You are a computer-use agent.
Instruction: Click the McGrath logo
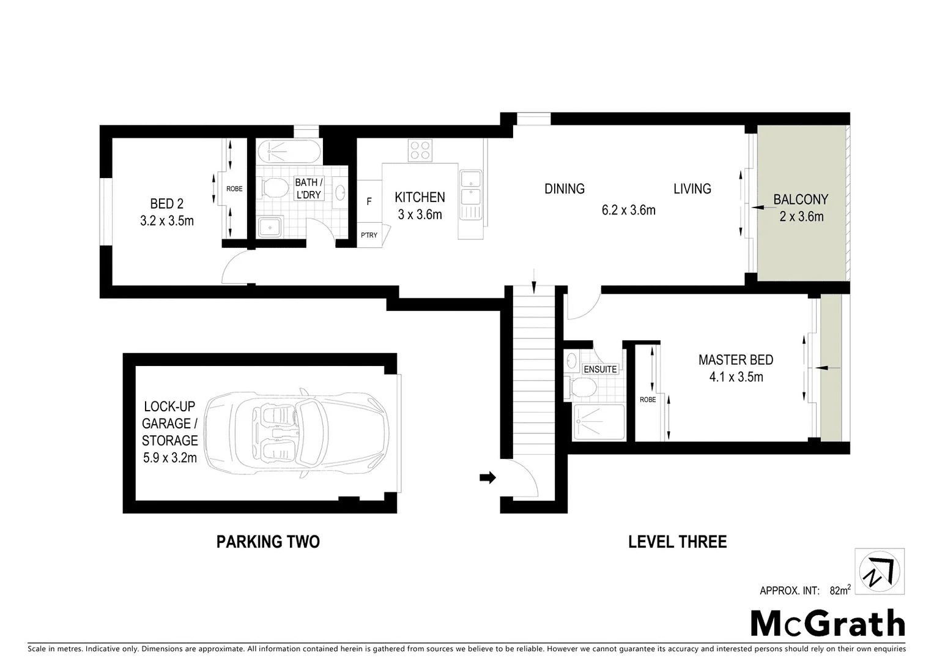click(828, 624)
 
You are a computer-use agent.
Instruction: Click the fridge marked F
click(369, 201)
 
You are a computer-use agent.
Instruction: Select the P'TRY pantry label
click(369, 235)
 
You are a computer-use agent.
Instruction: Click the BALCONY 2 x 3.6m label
click(801, 207)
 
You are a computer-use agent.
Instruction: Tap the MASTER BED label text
click(736, 360)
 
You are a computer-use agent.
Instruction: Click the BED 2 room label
click(166, 203)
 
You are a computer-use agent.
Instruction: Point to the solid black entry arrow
click(487, 477)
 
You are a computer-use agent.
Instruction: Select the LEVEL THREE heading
click(677, 542)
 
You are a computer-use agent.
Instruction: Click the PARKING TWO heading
click(268, 542)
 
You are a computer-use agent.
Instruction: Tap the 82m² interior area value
click(840, 590)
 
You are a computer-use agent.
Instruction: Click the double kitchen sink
click(470, 189)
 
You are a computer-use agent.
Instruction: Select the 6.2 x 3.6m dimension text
click(628, 210)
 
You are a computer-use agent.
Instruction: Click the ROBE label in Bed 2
click(234, 189)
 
